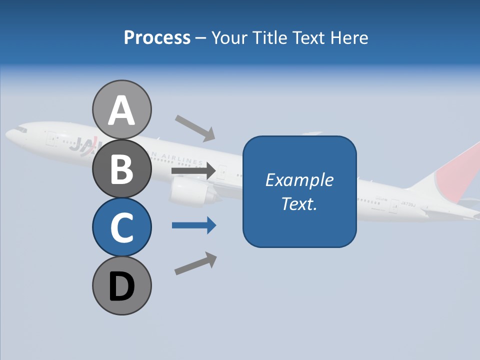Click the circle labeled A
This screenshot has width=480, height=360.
click(x=121, y=109)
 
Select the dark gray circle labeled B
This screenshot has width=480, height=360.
click(x=121, y=168)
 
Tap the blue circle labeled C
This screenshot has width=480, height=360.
click(x=121, y=227)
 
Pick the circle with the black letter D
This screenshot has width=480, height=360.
click(x=121, y=285)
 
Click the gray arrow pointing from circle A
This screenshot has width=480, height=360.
click(x=195, y=127)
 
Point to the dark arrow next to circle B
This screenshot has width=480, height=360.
click(x=193, y=171)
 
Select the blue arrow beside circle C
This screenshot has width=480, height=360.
click(x=193, y=225)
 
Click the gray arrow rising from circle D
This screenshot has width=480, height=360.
click(x=195, y=263)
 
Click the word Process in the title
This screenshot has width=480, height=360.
click(x=157, y=38)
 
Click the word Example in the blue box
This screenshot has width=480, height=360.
click(x=299, y=180)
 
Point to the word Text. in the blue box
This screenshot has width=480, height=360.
click(x=299, y=203)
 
